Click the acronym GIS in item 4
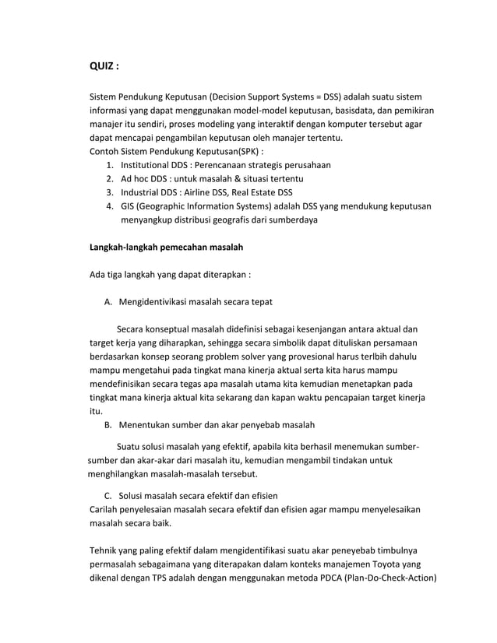click(x=127, y=206)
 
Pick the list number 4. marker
click(x=110, y=206)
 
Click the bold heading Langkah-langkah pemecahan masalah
click(x=167, y=248)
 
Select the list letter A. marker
click(x=109, y=302)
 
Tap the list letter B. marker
click(x=109, y=425)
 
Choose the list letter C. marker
click(x=109, y=497)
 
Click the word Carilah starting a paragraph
click(x=107, y=510)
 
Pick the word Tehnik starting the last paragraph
click(x=106, y=551)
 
